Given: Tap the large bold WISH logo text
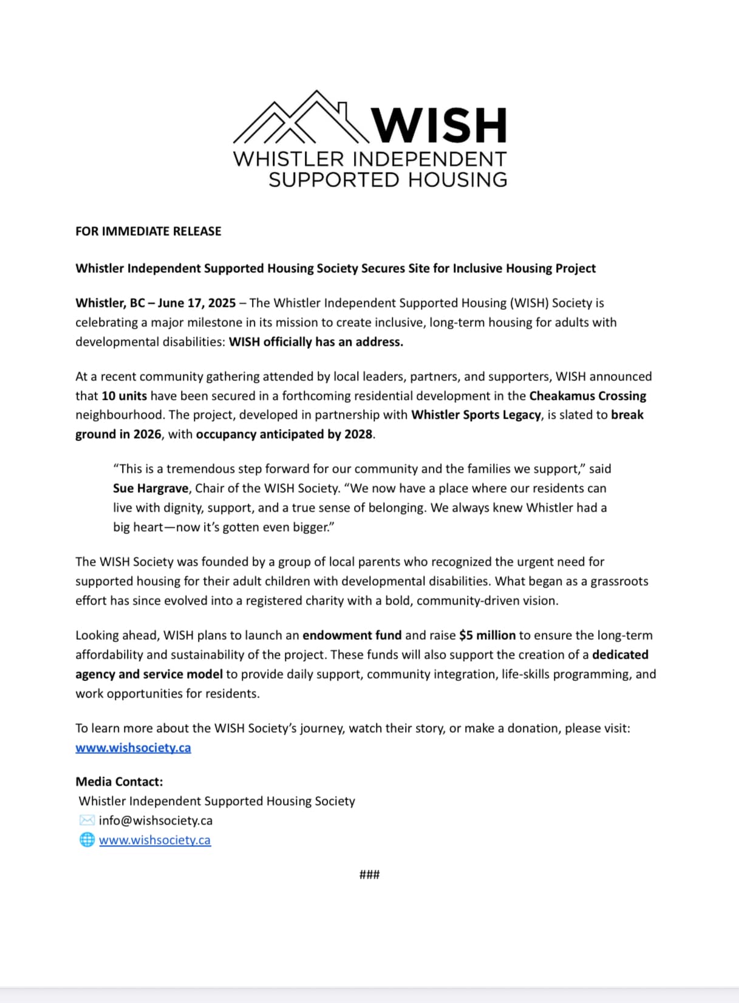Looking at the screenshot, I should click(439, 125).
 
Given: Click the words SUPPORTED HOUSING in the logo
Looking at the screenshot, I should click(387, 180).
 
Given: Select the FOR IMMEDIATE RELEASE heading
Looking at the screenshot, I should click(148, 231).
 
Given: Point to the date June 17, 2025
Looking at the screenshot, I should click(197, 303).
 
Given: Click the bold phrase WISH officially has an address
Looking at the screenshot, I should click(316, 342).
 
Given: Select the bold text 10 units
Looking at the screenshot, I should click(124, 396).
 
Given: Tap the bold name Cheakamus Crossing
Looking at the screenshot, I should click(587, 396).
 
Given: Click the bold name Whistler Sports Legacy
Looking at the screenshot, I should click(475, 415).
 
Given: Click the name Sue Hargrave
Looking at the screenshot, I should click(151, 488).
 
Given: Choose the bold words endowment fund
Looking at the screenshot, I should click(352, 635).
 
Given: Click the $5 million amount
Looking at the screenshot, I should click(487, 635).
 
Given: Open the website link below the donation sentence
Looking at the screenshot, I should click(133, 748).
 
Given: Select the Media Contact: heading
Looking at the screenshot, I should click(119, 782).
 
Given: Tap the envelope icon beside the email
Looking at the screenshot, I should click(87, 821).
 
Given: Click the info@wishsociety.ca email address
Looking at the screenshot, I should click(155, 821).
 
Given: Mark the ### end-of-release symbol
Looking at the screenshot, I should click(369, 875).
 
